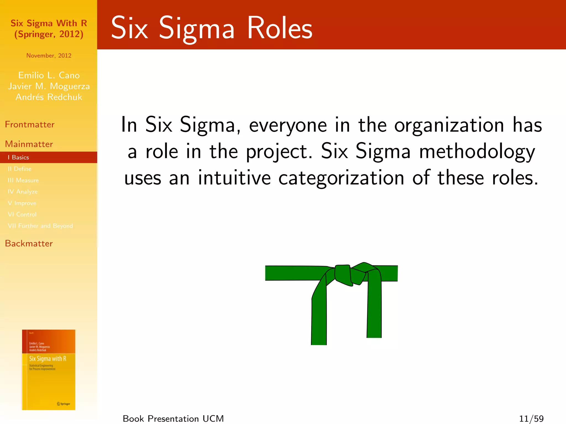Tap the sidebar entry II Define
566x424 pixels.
pos(20,169)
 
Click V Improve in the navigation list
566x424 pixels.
pos(22,203)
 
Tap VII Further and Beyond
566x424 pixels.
pos(40,226)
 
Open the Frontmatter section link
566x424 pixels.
pos(30,124)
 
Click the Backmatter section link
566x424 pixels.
pos(29,243)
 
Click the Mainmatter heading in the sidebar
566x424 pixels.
pos(29,144)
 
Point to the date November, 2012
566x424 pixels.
pos(49,55)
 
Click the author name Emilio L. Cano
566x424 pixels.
pos(49,75)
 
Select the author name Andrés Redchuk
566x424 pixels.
pos(49,97)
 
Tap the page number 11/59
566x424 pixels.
pos(531,419)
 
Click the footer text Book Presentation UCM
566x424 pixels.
pos(173,419)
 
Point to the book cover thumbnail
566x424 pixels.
pos(49,370)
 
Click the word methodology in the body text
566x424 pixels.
pos(477,152)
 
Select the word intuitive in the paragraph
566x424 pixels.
pos(234,178)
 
